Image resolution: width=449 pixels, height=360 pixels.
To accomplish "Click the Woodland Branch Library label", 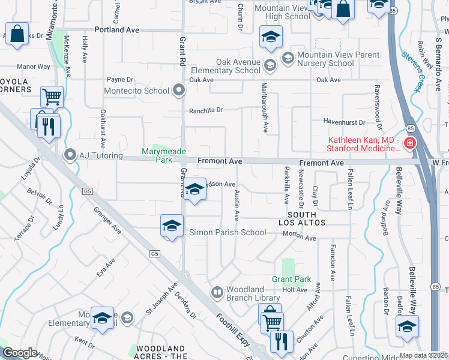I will point(253,293).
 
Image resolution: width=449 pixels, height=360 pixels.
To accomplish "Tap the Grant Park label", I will point(291,279).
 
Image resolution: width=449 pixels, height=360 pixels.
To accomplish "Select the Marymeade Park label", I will point(163,155).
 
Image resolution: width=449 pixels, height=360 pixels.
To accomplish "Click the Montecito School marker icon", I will point(178,91).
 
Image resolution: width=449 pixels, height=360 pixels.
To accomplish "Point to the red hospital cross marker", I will point(409,143).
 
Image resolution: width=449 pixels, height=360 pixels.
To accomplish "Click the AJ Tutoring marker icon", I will point(70,155).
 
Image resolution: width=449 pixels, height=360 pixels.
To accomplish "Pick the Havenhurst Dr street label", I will point(344,122).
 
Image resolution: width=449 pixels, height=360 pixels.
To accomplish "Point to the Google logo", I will point(19,353).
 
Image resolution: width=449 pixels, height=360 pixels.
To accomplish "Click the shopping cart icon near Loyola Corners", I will point(52,96).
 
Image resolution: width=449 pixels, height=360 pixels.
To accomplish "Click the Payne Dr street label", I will point(119,79).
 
